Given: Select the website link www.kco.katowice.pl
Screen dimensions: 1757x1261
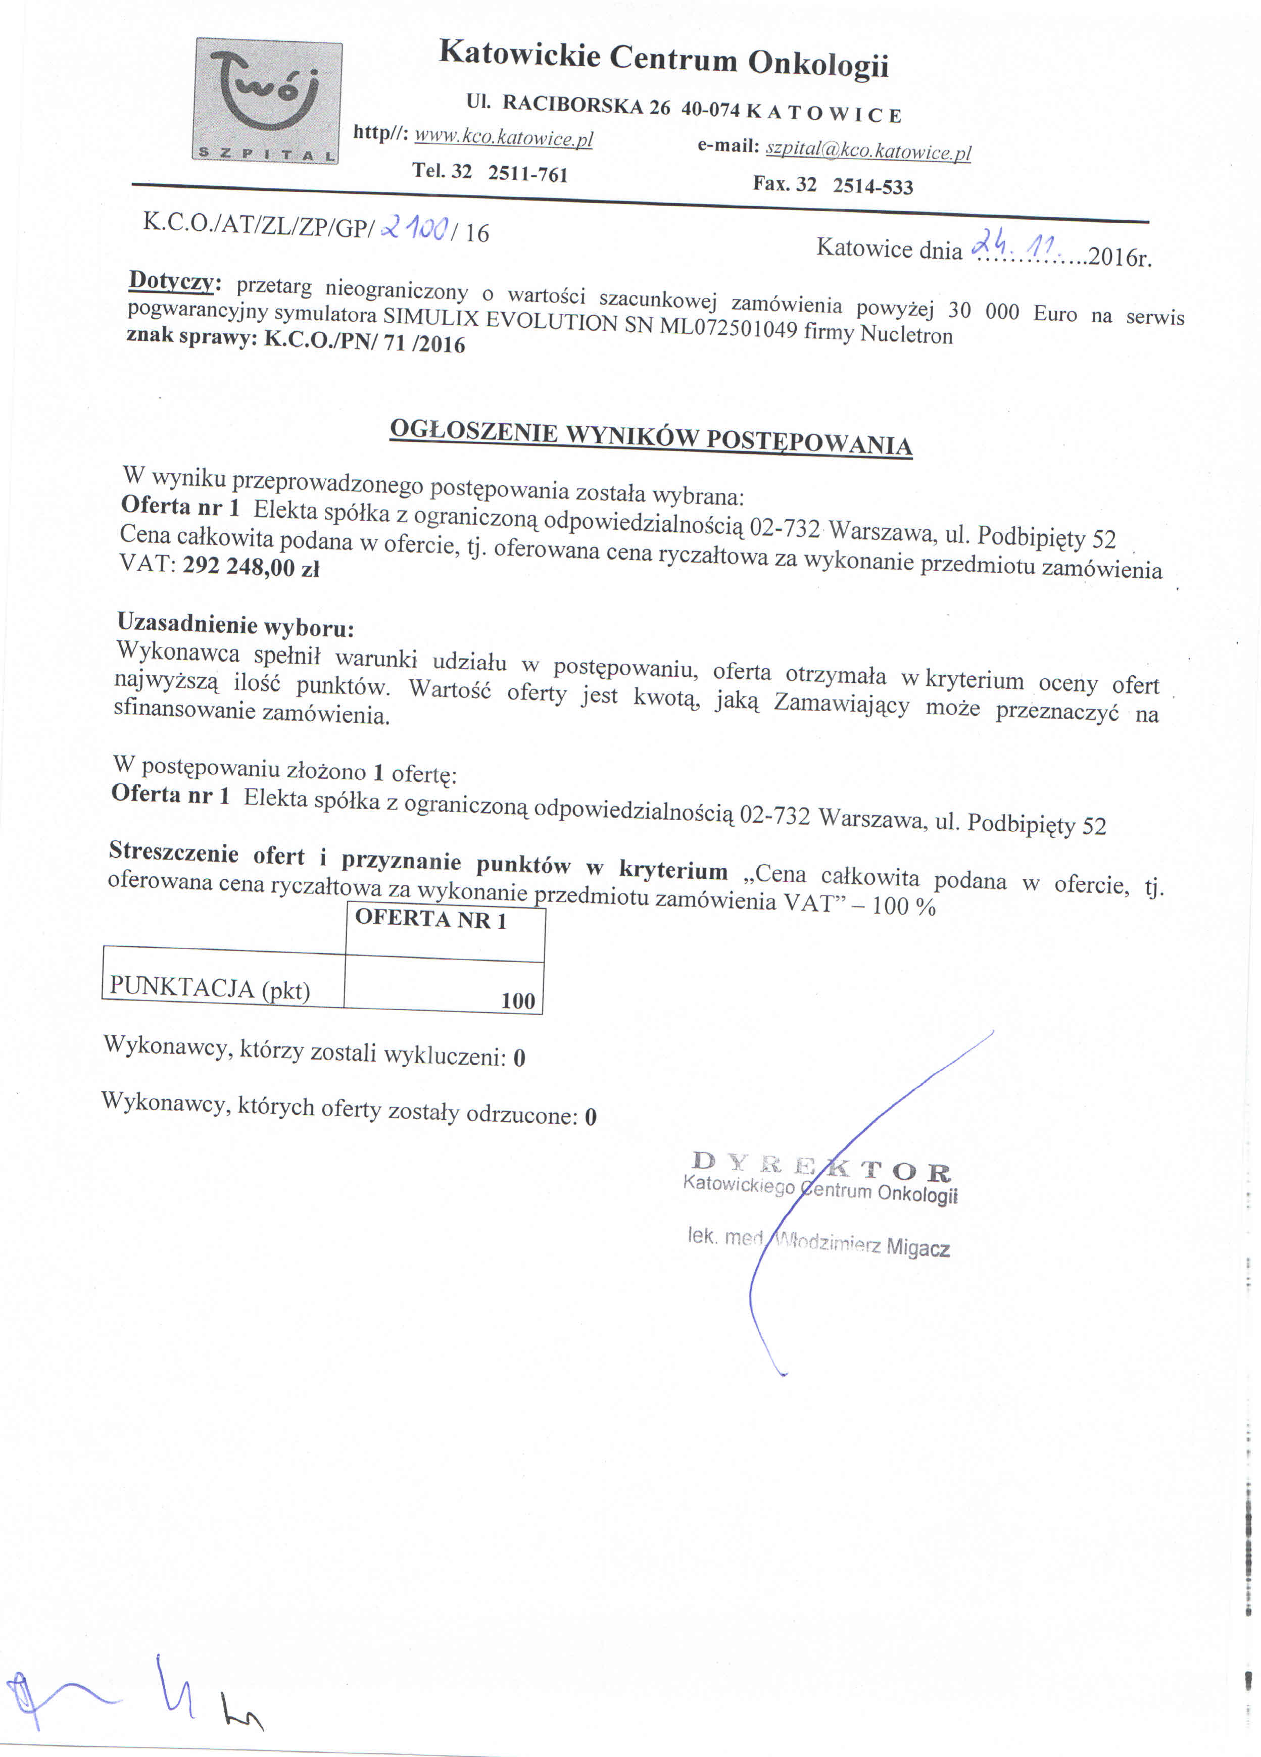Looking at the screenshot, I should click(x=503, y=138).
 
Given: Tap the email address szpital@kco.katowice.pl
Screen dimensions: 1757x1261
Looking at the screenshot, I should click(x=868, y=150).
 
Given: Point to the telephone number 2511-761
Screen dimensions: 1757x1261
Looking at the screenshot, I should click(x=528, y=174).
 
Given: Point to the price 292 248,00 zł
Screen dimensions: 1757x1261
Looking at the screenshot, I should click(x=251, y=568).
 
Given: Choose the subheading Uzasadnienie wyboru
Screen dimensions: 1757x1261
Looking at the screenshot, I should click(x=235, y=624).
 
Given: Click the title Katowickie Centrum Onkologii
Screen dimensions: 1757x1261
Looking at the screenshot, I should click(x=663, y=60).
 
